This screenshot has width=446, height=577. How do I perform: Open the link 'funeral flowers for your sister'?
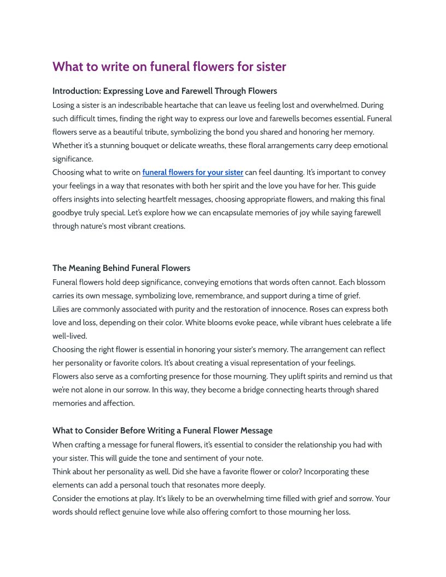(x=192, y=172)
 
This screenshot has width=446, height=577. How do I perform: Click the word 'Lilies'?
(x=62, y=309)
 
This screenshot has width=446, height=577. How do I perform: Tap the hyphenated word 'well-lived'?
(x=69, y=336)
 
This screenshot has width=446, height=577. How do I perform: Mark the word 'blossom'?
(x=369, y=282)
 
